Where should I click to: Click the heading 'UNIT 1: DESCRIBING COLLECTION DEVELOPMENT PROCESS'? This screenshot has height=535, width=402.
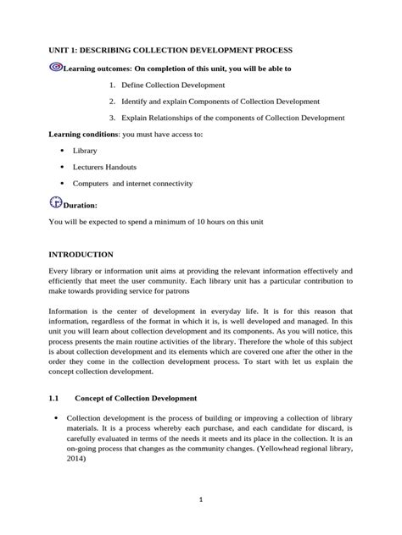click(x=170, y=51)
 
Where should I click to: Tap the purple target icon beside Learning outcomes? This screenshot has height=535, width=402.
click(x=56, y=68)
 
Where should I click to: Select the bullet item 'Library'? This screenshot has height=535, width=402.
click(x=85, y=151)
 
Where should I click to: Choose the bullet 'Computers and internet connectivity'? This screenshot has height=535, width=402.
click(x=132, y=183)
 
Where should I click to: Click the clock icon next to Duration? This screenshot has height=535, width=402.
click(x=56, y=202)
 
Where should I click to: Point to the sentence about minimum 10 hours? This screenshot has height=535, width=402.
click(x=157, y=222)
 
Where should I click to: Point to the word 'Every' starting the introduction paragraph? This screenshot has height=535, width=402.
click(x=59, y=271)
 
